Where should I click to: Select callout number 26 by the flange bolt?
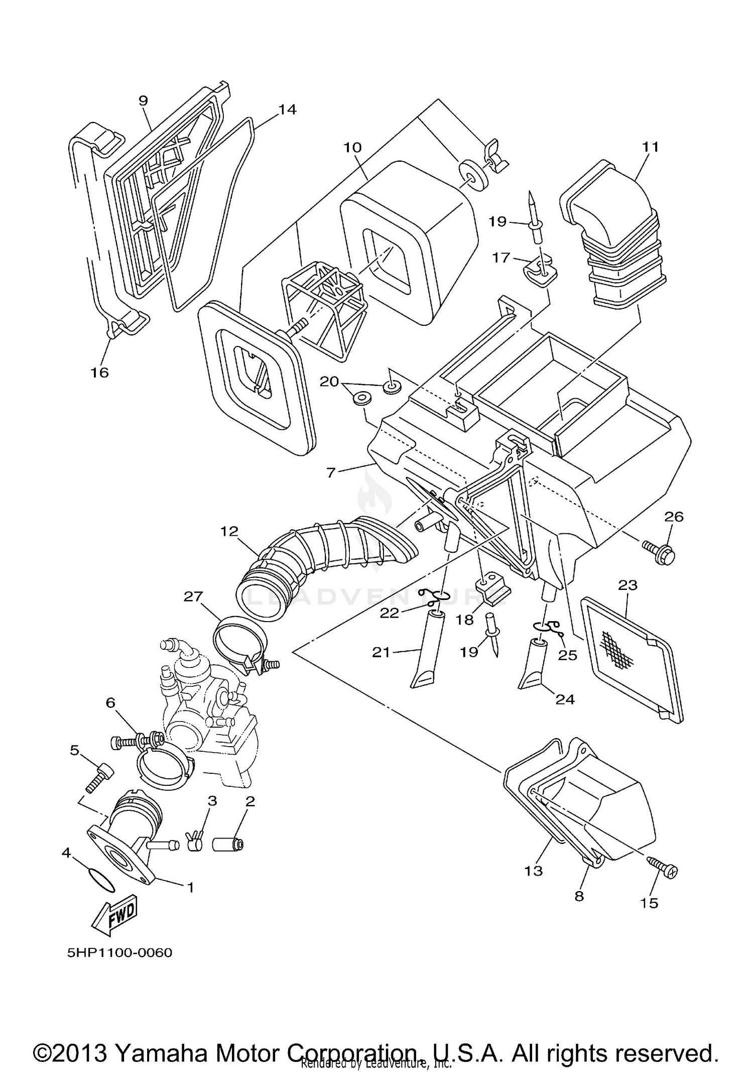click(674, 517)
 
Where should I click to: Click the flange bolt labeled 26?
click(659, 550)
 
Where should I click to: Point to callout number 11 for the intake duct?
click(651, 147)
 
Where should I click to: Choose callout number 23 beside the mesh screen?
click(627, 585)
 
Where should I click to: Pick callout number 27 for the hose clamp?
click(193, 597)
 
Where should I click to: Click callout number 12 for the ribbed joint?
click(229, 531)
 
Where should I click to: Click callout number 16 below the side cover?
click(99, 372)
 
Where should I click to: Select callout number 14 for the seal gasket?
click(288, 109)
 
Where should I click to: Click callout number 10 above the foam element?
click(353, 148)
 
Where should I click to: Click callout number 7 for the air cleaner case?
click(330, 472)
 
